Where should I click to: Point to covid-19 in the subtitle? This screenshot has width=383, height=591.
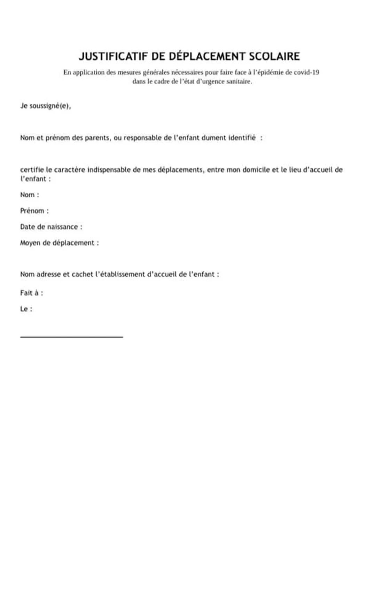(x=306, y=72)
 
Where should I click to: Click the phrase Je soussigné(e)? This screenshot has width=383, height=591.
(x=45, y=106)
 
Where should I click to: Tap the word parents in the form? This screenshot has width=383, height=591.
(x=97, y=138)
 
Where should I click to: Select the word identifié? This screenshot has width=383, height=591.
(x=242, y=138)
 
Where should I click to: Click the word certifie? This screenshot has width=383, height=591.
(x=32, y=170)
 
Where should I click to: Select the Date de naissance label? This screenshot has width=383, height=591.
(x=51, y=227)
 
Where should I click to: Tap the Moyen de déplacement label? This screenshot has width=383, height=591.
(x=59, y=243)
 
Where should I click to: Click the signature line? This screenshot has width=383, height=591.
(x=71, y=337)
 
